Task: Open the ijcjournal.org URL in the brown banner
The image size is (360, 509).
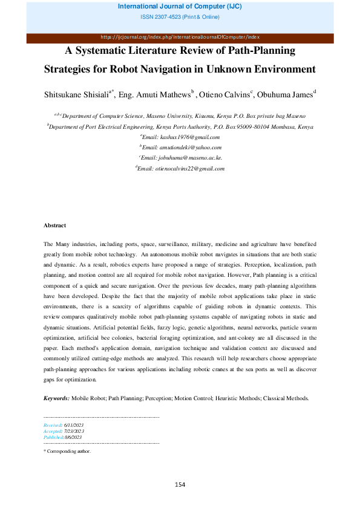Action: pos(180,37)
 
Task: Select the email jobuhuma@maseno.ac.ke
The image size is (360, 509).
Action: pos(182,158)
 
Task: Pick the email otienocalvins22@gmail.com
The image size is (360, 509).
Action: pos(182,168)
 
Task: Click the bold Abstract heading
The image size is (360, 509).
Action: pos(54,225)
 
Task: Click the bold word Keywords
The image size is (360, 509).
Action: pos(56,398)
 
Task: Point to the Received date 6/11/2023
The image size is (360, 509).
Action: pos(73,426)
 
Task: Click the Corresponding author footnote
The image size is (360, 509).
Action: pos(68,451)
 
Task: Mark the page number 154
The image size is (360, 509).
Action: pos(180,484)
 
